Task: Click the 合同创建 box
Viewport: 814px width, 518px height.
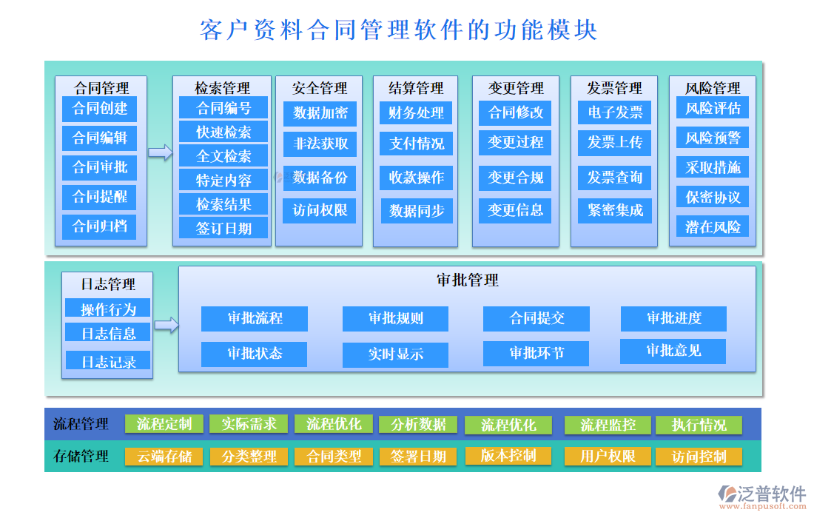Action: tap(100, 109)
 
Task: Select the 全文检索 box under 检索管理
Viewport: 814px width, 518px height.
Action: tap(223, 155)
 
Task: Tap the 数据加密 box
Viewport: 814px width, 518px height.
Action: tap(320, 113)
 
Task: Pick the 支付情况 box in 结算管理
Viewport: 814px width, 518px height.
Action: tap(417, 143)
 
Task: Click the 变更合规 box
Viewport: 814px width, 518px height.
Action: tap(515, 177)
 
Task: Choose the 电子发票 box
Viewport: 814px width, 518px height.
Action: tap(614, 112)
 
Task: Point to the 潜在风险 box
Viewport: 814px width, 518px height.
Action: tap(712, 226)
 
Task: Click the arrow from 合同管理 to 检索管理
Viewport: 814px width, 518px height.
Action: tap(160, 152)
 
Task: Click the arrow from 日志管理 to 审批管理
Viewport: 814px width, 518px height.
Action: tap(166, 324)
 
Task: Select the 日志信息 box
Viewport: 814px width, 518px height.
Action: tap(108, 333)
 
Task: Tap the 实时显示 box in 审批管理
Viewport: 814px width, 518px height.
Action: tap(395, 354)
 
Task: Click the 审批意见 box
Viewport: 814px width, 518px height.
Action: tap(673, 351)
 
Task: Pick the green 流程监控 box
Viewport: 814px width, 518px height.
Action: tap(608, 425)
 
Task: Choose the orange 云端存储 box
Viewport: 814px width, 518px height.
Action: tap(164, 457)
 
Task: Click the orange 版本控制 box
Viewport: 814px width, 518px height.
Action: tap(508, 455)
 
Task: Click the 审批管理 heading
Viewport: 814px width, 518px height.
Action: tap(467, 280)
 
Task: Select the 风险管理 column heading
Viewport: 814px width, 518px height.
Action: tap(712, 88)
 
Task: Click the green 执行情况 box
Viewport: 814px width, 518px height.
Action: tap(699, 425)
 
